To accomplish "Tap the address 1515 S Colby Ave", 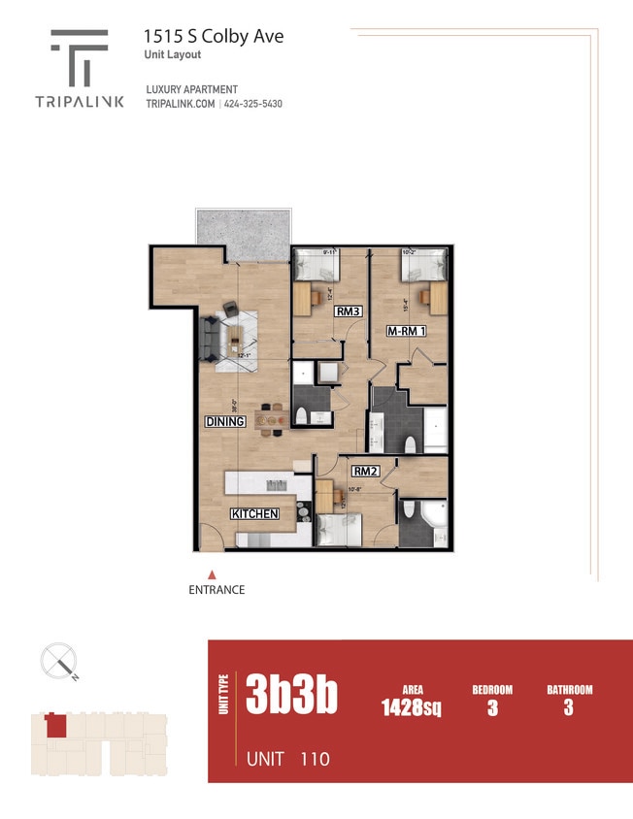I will point(214,36).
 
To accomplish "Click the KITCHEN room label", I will point(254,513).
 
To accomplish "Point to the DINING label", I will point(224,421).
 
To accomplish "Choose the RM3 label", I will point(349,312).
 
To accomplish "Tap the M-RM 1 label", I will point(407,331).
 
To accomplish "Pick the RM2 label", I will point(365,472).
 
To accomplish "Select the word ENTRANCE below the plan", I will point(217,590).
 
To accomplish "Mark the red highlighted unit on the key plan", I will point(56,725).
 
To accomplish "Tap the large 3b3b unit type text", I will point(291,695).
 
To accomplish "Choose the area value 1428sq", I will point(412,708).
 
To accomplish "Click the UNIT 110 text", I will point(288,758).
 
